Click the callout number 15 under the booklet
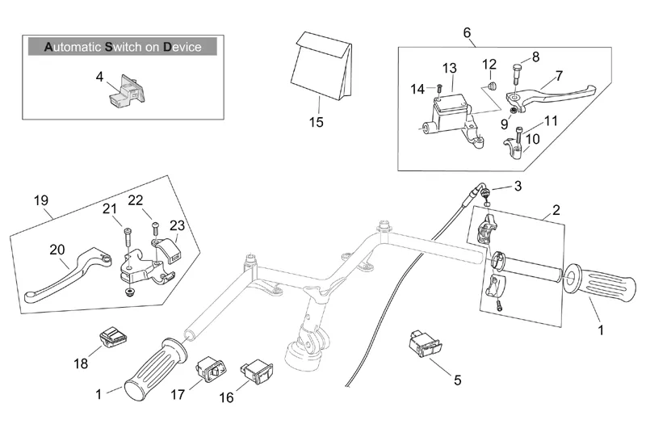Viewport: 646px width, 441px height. (x=316, y=123)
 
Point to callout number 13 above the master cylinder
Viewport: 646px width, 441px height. (x=449, y=67)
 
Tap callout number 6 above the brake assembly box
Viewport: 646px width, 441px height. (x=467, y=32)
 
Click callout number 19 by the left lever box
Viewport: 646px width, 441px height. (x=42, y=200)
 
